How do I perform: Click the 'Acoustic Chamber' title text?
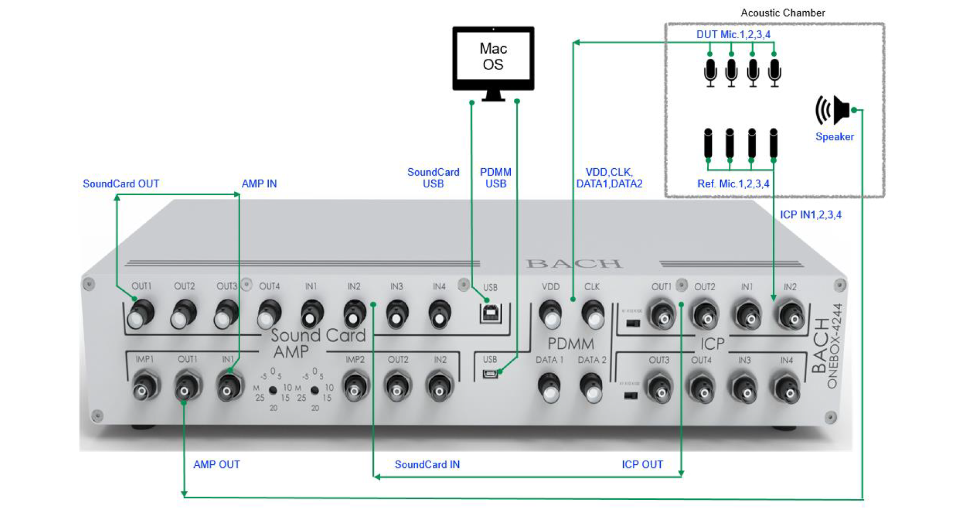(x=782, y=13)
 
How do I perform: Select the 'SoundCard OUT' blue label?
(x=121, y=184)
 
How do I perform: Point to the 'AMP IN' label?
(x=259, y=184)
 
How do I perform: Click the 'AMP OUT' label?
(x=216, y=465)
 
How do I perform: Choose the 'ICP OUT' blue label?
(x=642, y=465)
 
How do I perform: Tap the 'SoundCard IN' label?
(x=427, y=465)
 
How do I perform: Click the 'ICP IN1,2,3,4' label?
(x=810, y=215)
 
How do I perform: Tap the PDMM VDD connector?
(x=551, y=315)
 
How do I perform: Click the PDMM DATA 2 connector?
(x=591, y=388)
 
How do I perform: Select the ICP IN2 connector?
(x=790, y=316)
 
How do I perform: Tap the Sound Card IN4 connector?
(x=439, y=314)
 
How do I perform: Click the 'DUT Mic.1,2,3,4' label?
(x=733, y=34)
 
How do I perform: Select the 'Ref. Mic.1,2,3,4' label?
(x=733, y=184)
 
